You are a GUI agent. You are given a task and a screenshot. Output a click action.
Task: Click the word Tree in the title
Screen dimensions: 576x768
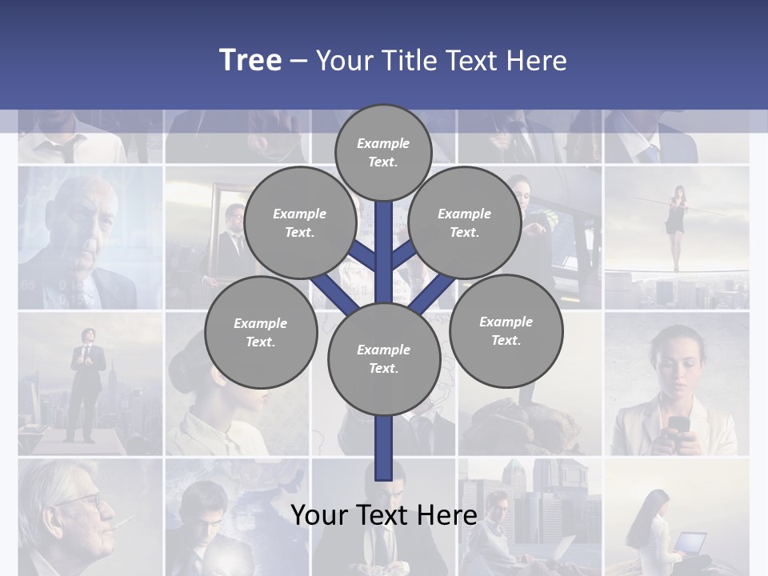click(250, 60)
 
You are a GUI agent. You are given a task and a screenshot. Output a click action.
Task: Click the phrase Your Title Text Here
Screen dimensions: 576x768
click(441, 61)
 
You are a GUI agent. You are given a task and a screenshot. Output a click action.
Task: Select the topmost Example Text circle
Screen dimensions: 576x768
click(383, 152)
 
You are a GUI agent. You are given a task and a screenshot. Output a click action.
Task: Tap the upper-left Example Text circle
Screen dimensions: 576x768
click(299, 222)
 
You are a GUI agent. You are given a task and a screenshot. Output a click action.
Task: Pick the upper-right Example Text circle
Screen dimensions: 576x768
click(465, 222)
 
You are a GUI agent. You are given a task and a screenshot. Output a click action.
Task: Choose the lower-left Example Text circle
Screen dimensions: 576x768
click(261, 332)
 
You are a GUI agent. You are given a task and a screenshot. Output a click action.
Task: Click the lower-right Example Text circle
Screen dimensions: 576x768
click(506, 330)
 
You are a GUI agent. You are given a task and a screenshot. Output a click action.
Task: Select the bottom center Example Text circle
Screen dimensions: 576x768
click(383, 358)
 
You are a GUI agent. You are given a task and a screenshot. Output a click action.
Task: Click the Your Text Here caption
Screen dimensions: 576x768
click(383, 515)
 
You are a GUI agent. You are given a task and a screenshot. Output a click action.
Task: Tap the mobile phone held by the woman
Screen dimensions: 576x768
click(678, 425)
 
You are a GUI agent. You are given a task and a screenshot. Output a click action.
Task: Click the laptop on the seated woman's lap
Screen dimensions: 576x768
click(688, 542)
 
